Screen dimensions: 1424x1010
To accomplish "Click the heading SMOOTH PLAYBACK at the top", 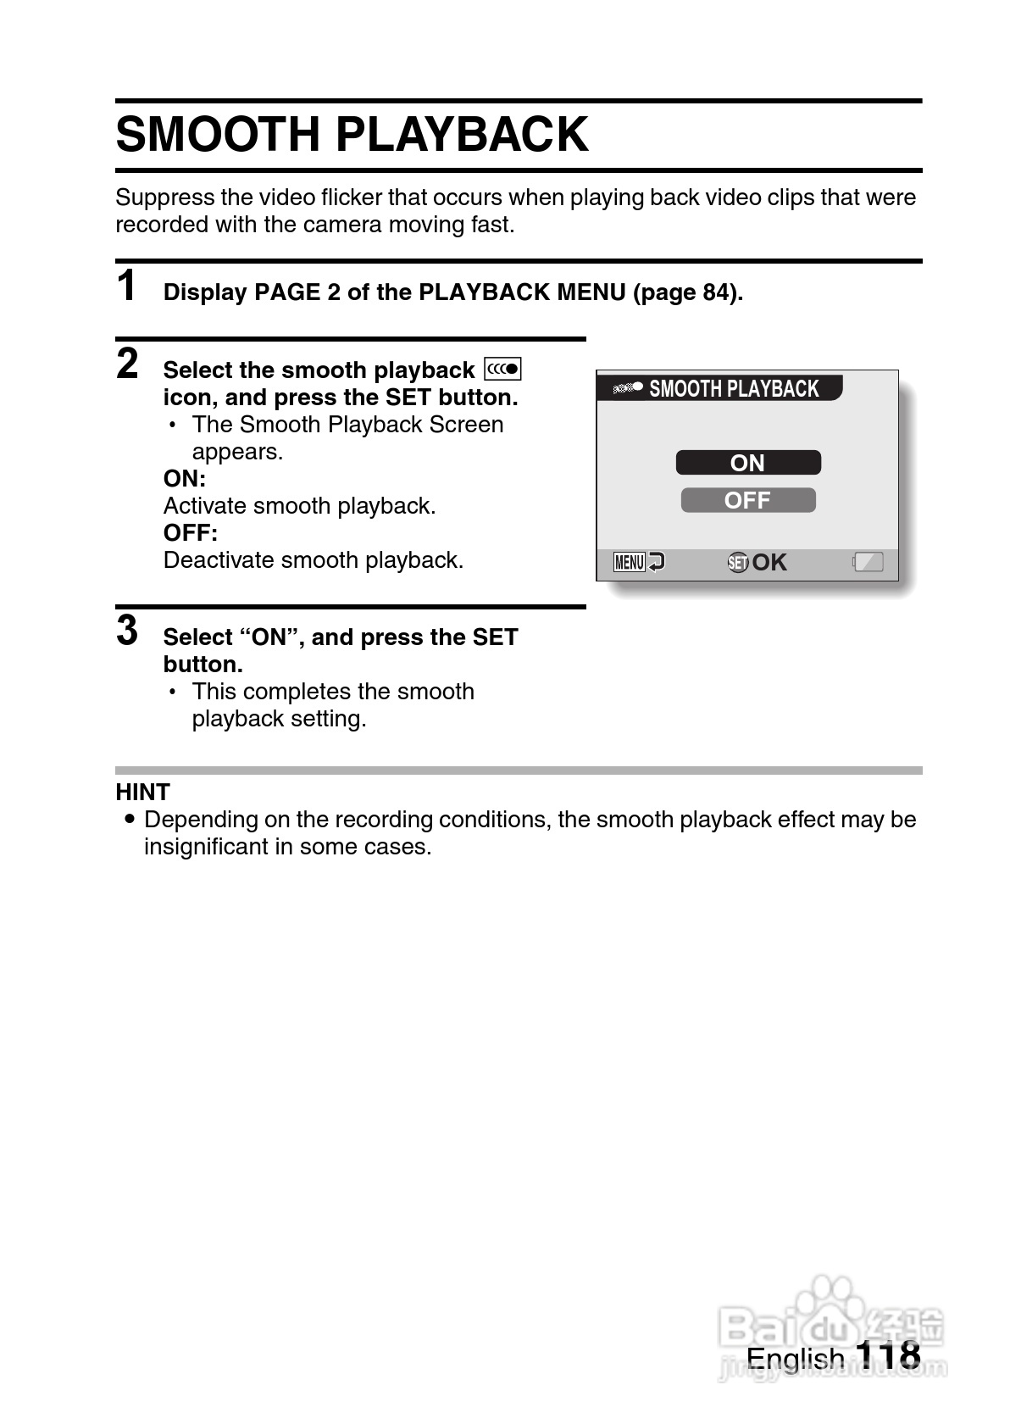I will (352, 134).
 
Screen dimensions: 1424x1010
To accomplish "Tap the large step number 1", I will (126, 286).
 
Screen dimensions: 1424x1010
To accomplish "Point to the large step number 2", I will (127, 364).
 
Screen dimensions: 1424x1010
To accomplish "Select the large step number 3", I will (127, 631).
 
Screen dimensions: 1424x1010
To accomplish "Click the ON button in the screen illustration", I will (747, 463).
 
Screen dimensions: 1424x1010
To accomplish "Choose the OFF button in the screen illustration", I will (747, 500).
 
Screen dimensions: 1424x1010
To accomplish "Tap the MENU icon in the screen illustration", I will (630, 562).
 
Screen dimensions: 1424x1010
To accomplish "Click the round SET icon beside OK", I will (737, 562).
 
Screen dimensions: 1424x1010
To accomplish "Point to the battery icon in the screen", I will (868, 562).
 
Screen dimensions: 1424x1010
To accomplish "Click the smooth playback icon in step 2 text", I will (502, 370).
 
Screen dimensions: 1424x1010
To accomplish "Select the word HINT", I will (143, 793).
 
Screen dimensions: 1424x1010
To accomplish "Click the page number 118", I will (888, 1354).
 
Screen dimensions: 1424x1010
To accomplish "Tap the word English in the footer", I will (795, 1358).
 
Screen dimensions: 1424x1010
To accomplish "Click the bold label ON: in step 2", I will (184, 479).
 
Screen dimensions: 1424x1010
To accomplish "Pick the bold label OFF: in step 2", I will (190, 533).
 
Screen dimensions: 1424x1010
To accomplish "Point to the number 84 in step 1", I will (713, 292).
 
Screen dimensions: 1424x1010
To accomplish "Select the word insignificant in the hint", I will (205, 847).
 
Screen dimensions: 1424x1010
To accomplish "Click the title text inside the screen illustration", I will (734, 389).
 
